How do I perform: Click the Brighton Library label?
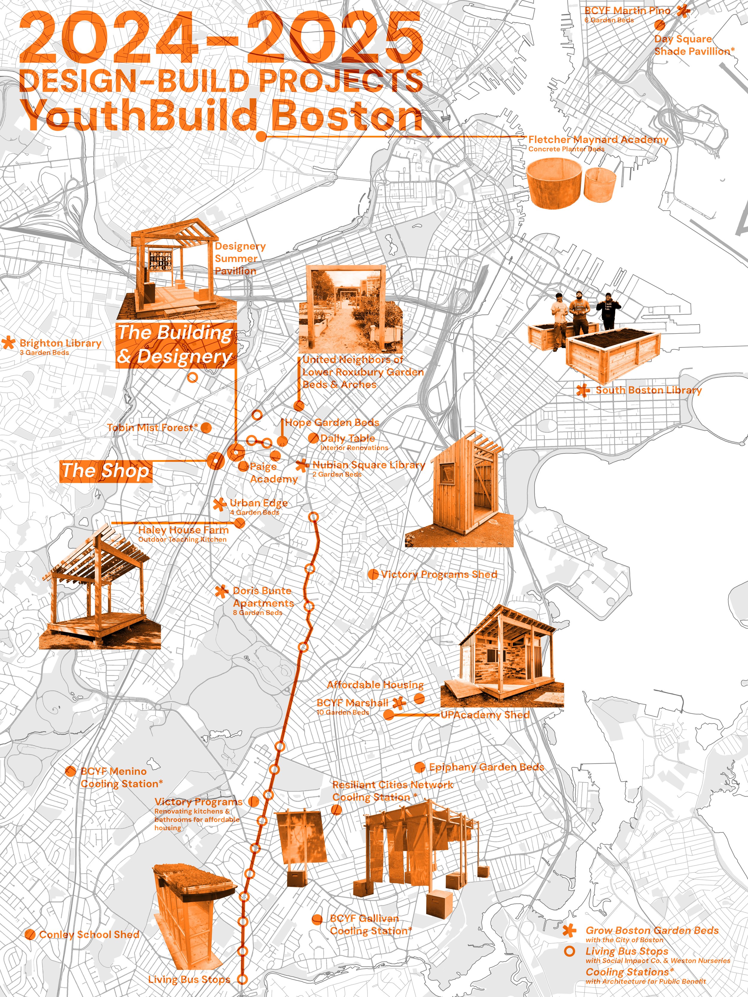[60, 343]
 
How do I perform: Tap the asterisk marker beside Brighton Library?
[8, 343]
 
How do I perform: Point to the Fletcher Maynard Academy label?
[598, 140]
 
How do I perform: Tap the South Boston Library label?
[648, 390]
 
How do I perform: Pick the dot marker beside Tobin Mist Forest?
[206, 427]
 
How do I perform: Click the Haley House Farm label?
[183, 530]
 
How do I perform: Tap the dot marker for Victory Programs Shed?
[373, 574]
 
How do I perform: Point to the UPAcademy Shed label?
[485, 715]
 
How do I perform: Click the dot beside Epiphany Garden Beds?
[419, 767]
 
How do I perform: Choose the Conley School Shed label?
[89, 934]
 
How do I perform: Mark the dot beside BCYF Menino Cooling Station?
[70, 771]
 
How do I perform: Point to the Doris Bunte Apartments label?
[263, 597]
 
